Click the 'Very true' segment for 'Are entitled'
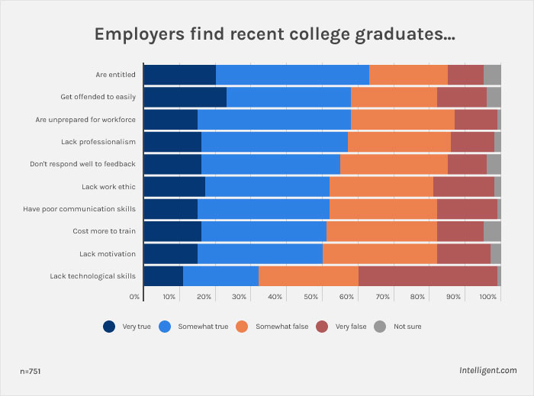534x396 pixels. [179, 75]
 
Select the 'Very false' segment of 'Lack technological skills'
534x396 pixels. [427, 275]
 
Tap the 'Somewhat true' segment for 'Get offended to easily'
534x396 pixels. [288, 97]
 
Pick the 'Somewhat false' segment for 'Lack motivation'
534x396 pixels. [379, 253]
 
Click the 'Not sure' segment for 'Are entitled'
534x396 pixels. [492, 75]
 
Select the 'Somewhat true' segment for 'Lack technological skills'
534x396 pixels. [220, 275]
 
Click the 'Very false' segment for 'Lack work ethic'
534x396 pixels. [463, 186]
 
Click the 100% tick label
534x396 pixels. [488, 296]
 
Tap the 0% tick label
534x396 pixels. [135, 296]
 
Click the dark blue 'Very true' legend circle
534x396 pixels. [110, 327]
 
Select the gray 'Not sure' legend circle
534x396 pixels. [381, 327]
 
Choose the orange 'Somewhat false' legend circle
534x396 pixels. [243, 327]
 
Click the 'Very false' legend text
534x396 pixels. [351, 327]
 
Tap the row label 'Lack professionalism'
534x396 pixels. [98, 142]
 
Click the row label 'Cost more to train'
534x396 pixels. [104, 231]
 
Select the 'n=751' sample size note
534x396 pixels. [31, 371]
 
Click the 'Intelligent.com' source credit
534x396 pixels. [488, 371]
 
